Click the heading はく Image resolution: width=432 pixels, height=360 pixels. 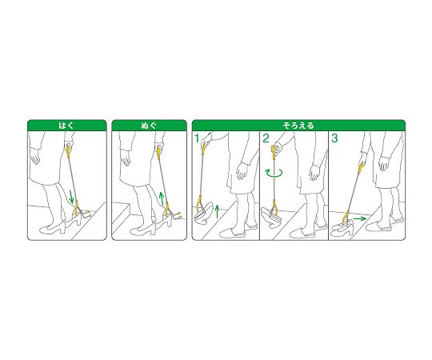pyautogui.click(x=66, y=126)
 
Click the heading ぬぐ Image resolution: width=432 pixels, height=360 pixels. pyautogui.click(x=149, y=126)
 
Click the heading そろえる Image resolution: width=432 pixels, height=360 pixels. pyautogui.click(x=298, y=126)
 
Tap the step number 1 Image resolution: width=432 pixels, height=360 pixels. pyautogui.click(x=197, y=138)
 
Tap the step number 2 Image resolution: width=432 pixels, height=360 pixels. pyautogui.click(x=266, y=138)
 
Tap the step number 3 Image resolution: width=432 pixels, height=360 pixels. pyautogui.click(x=334, y=138)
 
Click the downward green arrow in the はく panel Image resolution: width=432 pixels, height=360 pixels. pyautogui.click(x=71, y=197)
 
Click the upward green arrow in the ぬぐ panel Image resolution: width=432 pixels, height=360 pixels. pyautogui.click(x=162, y=198)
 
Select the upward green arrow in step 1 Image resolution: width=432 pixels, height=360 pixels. pyautogui.click(x=217, y=211)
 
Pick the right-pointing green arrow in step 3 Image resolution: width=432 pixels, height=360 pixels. pyautogui.click(x=359, y=218)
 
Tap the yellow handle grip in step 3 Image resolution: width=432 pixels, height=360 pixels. pyautogui.click(x=361, y=168)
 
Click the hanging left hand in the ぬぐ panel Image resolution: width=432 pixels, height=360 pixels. pyautogui.click(x=126, y=158)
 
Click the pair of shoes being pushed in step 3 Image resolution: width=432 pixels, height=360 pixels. pyautogui.click(x=343, y=228)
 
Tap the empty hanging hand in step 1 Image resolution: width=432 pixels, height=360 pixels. pyautogui.click(x=242, y=170)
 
